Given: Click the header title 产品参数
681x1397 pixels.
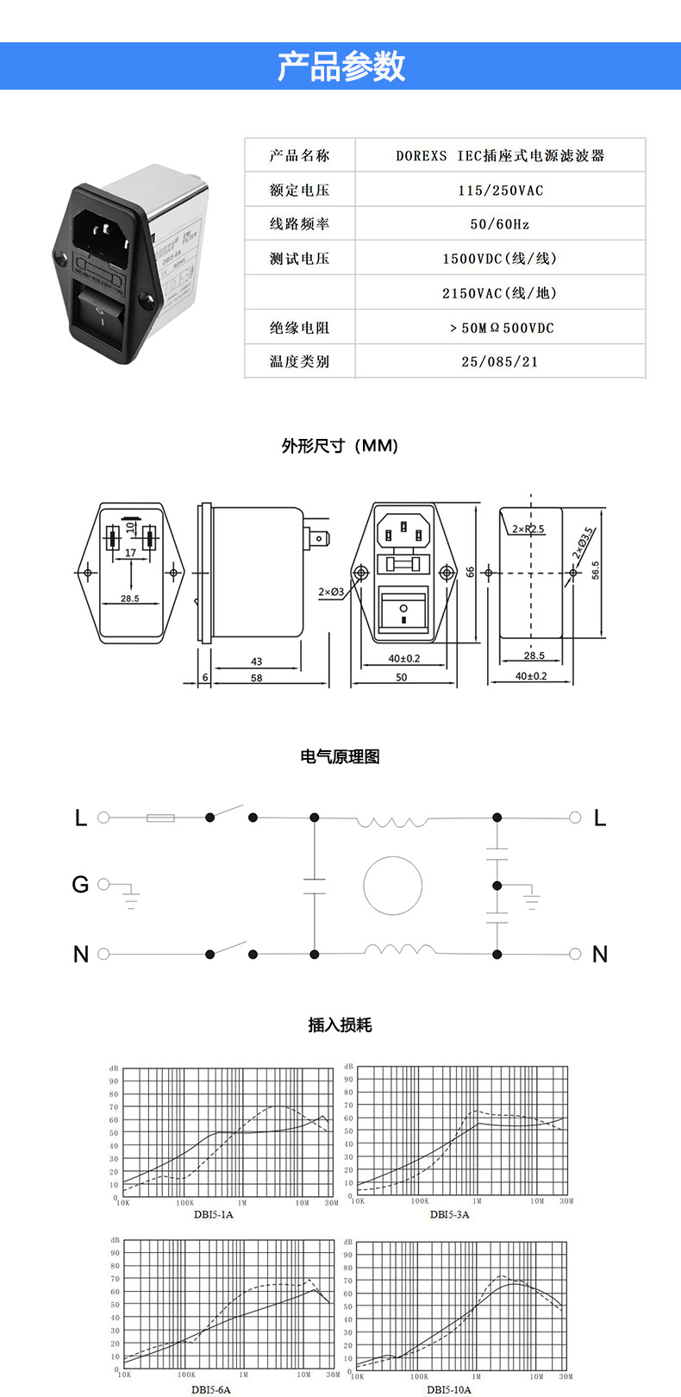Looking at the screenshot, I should (340, 66).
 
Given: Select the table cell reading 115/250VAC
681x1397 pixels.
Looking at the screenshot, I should (500, 190).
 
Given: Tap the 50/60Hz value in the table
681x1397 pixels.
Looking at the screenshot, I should (500, 224).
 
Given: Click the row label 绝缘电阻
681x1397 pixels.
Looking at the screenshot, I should (299, 328).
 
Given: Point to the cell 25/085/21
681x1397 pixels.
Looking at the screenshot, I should (500, 361).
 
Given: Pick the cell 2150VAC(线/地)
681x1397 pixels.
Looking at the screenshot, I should (500, 293).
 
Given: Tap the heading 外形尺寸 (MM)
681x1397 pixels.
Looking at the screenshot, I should (340, 446).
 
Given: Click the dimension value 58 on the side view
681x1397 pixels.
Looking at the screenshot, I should (256, 678).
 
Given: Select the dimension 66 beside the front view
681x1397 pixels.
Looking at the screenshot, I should (471, 572).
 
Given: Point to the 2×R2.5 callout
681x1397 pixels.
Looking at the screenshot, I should (528, 529).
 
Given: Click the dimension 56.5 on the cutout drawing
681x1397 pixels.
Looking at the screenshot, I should (596, 569).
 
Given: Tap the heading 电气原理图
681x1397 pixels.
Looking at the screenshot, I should (340, 756).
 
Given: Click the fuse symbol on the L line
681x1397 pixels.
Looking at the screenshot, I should (161, 817).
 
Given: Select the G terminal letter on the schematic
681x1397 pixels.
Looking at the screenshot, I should (80, 884).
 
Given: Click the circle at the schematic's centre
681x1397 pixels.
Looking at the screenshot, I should (393, 886).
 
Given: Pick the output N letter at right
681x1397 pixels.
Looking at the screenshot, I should (600, 954).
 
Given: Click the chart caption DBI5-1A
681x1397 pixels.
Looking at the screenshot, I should (214, 1214).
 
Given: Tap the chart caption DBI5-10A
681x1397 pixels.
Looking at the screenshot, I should (449, 1389).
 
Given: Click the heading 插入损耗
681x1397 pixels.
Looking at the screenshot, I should (340, 1024).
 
